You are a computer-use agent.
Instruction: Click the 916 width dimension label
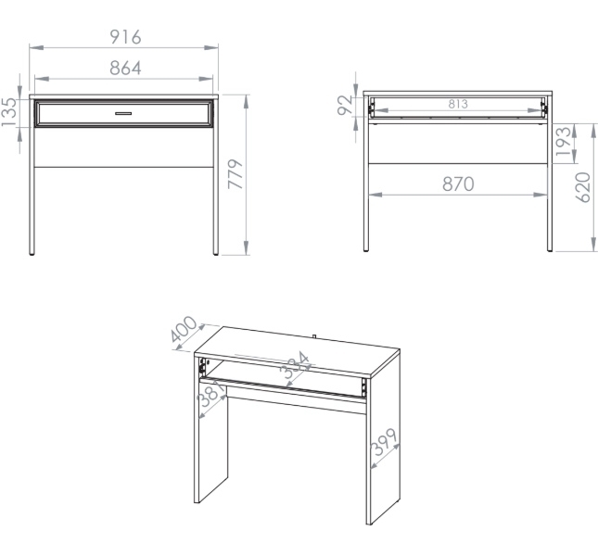point(125,37)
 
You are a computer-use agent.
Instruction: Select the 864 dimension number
point(125,69)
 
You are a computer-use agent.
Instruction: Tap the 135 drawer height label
point(9,112)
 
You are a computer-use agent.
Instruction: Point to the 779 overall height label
point(235,174)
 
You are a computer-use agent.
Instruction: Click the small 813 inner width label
point(458,104)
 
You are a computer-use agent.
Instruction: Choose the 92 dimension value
point(346,106)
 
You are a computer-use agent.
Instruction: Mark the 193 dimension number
point(564,142)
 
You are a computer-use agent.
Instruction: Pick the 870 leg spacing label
point(458,184)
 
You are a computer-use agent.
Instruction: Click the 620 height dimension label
point(582,187)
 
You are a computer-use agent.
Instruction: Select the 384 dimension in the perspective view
point(294,365)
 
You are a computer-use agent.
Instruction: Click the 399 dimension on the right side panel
point(385,442)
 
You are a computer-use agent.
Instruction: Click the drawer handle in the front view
point(123,113)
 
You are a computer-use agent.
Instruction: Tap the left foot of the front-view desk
point(32,252)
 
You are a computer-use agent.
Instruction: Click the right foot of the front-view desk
point(215,252)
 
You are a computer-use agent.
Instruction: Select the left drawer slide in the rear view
point(370,107)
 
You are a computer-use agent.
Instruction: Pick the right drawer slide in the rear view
point(544,107)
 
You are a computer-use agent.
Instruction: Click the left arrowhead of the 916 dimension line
point(36,47)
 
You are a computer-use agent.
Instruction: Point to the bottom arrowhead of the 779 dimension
point(246,247)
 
